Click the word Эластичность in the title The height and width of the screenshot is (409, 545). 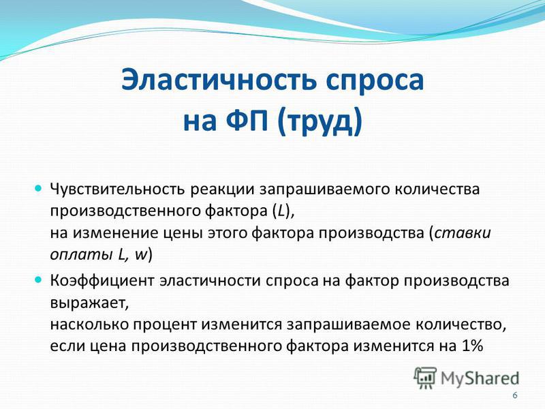pyautogui.click(x=219, y=80)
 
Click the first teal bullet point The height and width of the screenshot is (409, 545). pyautogui.click(x=38, y=189)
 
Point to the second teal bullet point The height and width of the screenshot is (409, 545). pyautogui.click(x=38, y=279)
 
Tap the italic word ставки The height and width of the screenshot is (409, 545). pyautogui.click(x=463, y=232)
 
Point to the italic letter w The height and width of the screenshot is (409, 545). pyautogui.click(x=141, y=255)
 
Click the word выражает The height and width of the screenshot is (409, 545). pyautogui.click(x=89, y=303)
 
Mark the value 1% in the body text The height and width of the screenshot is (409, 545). pyautogui.click(x=472, y=346)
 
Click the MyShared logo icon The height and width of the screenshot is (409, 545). pyautogui.click(x=424, y=378)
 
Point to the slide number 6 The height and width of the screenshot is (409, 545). pyautogui.click(x=515, y=395)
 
